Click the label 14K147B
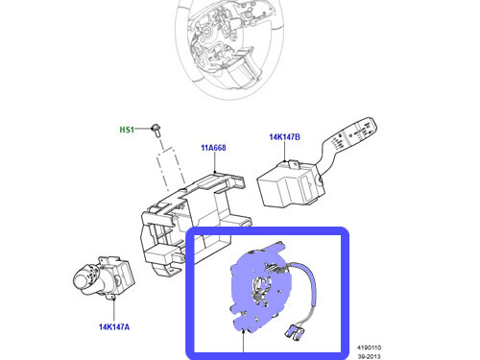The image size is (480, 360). coord(284,137)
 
